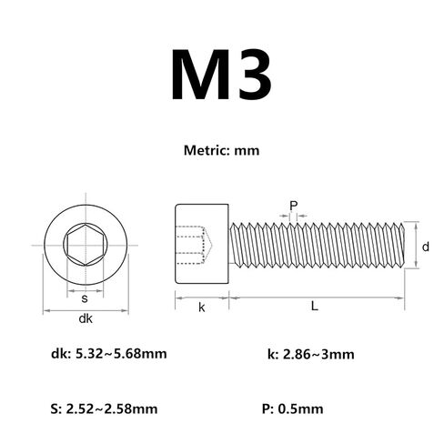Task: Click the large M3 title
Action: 221,75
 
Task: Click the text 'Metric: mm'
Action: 221,151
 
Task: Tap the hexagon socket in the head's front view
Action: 86,245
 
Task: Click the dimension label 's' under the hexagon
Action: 85,298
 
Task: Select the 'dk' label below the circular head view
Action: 86,318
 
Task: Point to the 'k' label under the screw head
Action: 202,308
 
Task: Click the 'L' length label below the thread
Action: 315,307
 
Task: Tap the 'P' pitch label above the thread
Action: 293,206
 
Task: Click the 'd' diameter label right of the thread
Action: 426,247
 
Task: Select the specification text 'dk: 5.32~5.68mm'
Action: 109,354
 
